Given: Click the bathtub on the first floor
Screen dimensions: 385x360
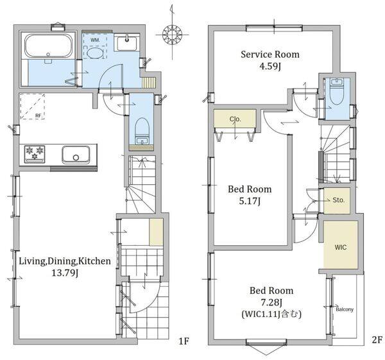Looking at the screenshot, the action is (x=49, y=46).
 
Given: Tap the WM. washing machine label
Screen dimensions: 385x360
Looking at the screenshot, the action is (x=95, y=40).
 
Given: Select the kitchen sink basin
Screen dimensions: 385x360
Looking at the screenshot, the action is (x=76, y=155).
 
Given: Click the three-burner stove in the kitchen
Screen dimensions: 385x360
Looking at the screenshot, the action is (x=35, y=154).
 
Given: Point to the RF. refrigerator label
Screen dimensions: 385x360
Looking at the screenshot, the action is (x=38, y=116).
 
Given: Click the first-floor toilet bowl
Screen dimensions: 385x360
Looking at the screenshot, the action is (x=142, y=131).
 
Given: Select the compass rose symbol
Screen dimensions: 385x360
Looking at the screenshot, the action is (x=172, y=35).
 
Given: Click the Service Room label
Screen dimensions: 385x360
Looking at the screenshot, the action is (x=270, y=55).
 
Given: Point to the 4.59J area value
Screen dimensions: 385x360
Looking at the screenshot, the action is (x=270, y=66).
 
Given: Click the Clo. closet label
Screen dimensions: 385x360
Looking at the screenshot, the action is (x=235, y=119).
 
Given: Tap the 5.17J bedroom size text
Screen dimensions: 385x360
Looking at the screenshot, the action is (x=250, y=201).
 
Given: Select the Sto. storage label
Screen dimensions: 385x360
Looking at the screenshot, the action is (x=339, y=200).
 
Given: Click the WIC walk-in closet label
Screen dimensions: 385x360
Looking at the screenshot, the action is (x=340, y=247).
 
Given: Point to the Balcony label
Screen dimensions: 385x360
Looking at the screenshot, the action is (x=345, y=309).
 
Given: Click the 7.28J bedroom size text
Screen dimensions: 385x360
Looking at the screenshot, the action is (x=271, y=302).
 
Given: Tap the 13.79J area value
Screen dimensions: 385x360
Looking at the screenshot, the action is (x=65, y=273).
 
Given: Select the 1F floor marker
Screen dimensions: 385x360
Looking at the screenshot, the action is (x=184, y=341).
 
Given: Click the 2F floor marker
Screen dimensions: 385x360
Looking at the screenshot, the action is (x=377, y=340).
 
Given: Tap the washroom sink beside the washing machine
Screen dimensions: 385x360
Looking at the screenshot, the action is (x=126, y=42).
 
